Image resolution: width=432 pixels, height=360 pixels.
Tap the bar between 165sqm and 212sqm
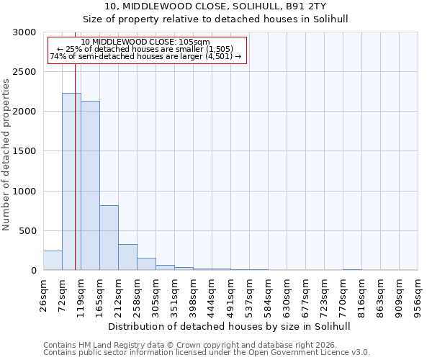(x=109, y=238)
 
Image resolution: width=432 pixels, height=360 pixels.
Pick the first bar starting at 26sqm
(x=53, y=261)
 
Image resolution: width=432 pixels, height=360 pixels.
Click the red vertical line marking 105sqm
(x=75, y=144)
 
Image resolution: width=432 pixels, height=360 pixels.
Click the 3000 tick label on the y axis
(x=25, y=32)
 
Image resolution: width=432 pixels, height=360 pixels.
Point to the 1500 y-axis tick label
(x=25, y=151)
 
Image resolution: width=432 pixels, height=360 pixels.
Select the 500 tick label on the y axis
(x=28, y=231)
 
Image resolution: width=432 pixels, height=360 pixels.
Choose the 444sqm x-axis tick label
(x=212, y=293)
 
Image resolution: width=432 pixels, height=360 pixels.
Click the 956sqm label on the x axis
(x=418, y=293)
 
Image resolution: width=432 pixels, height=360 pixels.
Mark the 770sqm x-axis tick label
(x=343, y=293)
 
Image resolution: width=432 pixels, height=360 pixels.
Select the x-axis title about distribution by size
(x=230, y=326)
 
